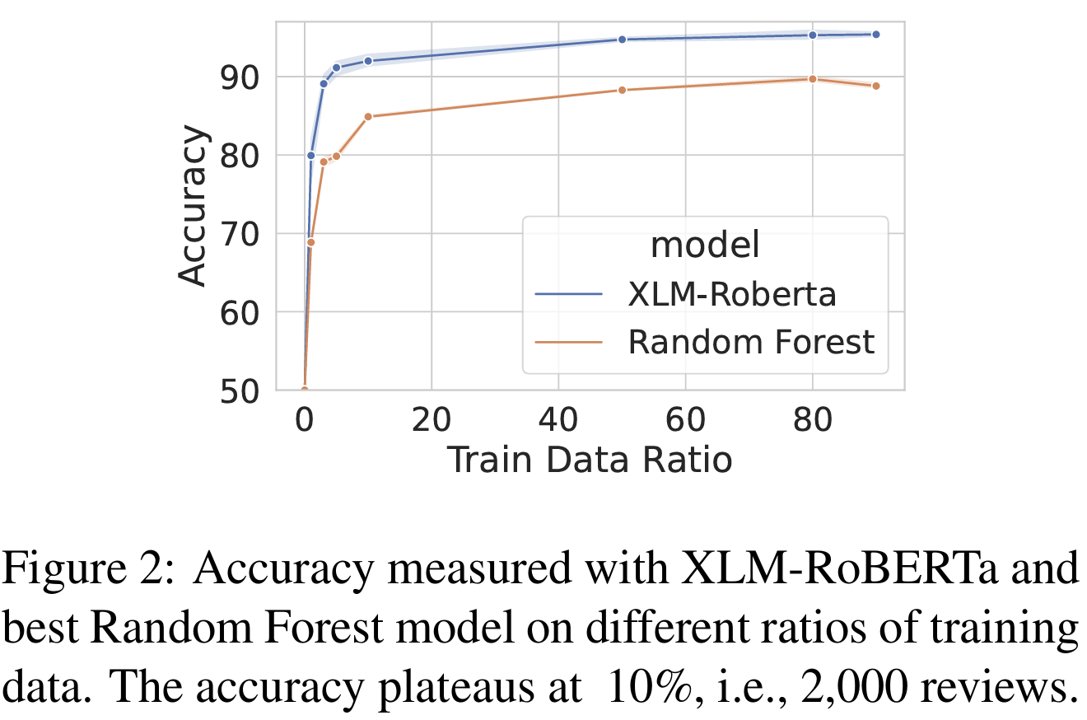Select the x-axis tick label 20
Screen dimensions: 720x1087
click(x=431, y=423)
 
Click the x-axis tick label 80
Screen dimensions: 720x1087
click(x=812, y=423)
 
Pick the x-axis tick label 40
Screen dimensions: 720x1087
click(x=558, y=423)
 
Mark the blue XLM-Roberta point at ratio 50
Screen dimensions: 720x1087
click(x=622, y=40)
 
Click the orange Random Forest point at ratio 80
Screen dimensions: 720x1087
click(x=812, y=79)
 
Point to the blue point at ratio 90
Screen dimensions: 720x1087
click(x=875, y=35)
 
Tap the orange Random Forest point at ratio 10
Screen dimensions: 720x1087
click(x=368, y=116)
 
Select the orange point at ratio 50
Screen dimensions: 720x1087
click(x=622, y=90)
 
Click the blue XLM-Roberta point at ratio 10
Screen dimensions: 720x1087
click(x=368, y=61)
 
